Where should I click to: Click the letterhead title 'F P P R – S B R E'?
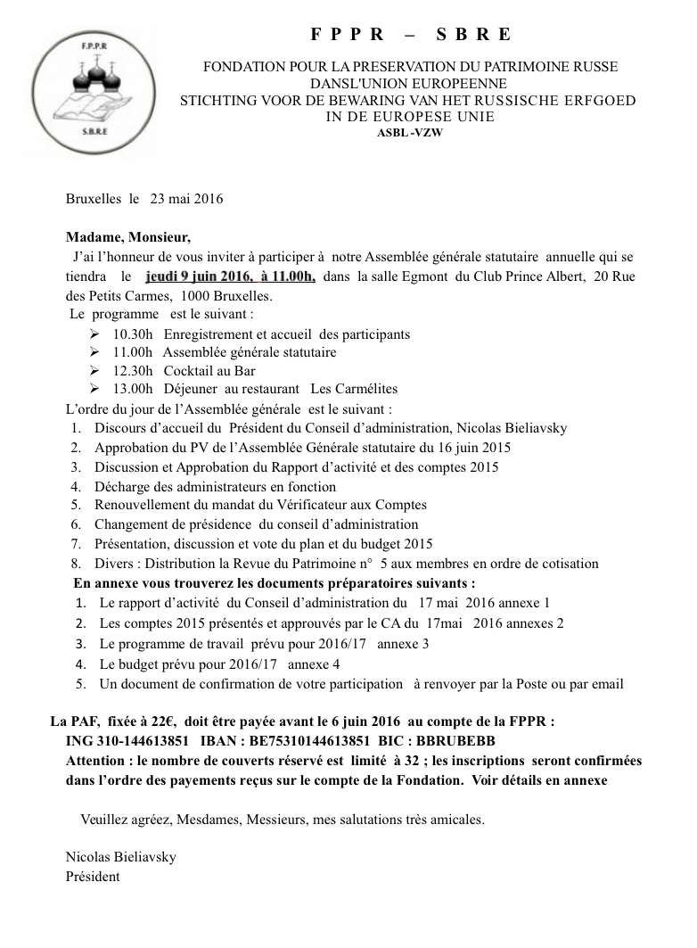coord(411,35)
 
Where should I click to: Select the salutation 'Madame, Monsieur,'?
coord(128,238)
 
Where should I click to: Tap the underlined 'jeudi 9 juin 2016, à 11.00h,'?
coord(230,277)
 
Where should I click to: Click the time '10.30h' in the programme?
coord(133,334)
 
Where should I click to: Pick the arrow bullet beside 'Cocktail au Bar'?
coord(95,371)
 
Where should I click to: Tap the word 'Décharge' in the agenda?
coord(127,487)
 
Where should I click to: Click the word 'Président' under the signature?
coord(93,877)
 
